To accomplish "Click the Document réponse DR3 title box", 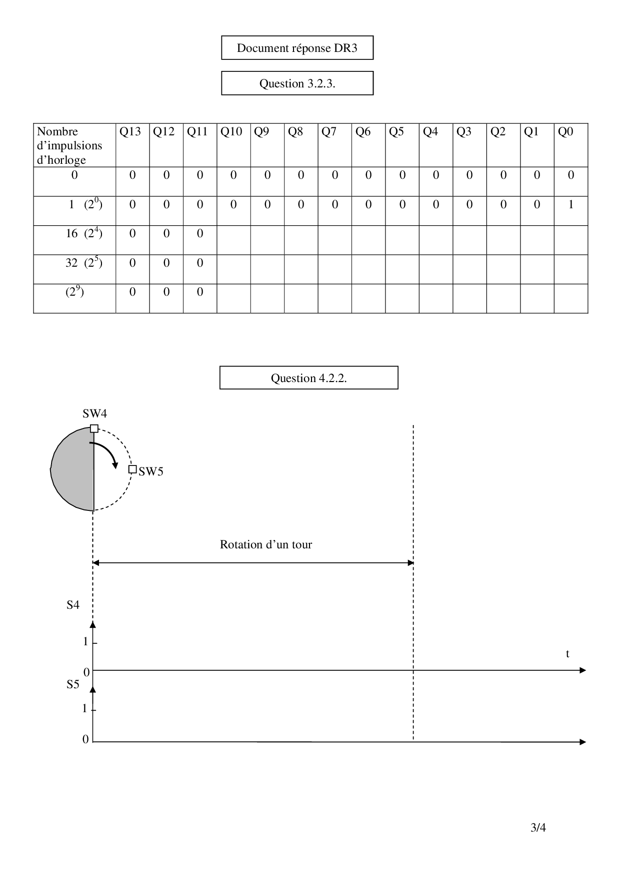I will click(297, 48).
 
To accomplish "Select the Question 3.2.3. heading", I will click(297, 83).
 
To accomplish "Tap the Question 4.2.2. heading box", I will click(308, 378).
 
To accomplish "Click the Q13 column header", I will click(130, 132).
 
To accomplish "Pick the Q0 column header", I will click(565, 132).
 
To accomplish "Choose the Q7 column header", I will click(329, 132).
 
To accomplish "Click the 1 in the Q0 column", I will click(570, 204).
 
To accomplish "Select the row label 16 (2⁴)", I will click(84, 233).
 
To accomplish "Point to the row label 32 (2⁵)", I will click(84, 263).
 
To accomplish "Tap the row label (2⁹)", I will click(74, 292).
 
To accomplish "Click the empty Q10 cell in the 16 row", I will click(233, 240).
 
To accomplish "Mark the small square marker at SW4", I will click(94, 428).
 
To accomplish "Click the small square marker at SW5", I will click(132, 469).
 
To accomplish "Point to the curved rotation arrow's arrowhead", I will click(115, 465).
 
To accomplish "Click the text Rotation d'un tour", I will click(265, 544).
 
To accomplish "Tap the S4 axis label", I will click(73, 605).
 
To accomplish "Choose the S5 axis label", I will click(73, 684).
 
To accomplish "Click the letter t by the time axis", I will click(567, 654).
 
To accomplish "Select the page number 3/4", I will click(538, 828).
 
